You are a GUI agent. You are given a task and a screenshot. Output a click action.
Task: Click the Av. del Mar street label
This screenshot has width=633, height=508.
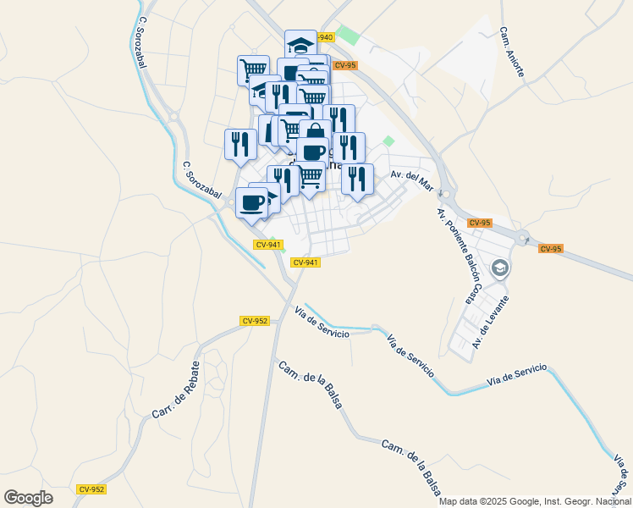point(412,175)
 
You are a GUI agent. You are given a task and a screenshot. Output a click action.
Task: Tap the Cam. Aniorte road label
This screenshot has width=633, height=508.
point(511,52)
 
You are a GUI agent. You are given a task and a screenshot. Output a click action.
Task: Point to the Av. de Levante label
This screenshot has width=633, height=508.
point(491,322)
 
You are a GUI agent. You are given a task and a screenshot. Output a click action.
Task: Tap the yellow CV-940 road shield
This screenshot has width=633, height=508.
point(325,37)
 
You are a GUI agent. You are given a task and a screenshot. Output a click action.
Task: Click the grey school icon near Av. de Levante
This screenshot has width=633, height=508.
point(500,268)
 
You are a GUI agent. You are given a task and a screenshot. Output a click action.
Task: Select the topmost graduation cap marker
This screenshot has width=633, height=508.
point(300,43)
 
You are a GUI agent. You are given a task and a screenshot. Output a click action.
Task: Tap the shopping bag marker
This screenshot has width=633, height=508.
point(315,133)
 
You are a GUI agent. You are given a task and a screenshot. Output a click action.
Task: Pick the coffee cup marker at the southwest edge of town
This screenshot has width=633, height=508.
point(250,202)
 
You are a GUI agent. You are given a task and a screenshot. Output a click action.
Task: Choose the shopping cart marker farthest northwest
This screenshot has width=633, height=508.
point(252,69)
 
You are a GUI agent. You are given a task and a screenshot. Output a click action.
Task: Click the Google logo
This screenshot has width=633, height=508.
point(28,497)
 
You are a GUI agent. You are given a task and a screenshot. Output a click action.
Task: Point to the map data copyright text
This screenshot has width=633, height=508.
point(535,501)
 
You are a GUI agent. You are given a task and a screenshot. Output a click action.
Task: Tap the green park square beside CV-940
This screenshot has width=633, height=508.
point(347,36)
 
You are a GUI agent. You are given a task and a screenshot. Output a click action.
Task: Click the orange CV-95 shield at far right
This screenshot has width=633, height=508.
point(550,248)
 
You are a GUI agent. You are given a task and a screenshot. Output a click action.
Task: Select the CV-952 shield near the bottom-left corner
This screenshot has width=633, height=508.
point(91,489)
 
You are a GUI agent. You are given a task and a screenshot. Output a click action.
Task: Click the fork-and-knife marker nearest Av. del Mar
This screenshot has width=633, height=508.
point(358,179)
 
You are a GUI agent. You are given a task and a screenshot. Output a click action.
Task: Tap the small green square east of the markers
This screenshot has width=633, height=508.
point(388,141)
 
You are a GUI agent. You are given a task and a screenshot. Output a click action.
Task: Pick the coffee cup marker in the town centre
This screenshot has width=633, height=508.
point(311,152)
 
